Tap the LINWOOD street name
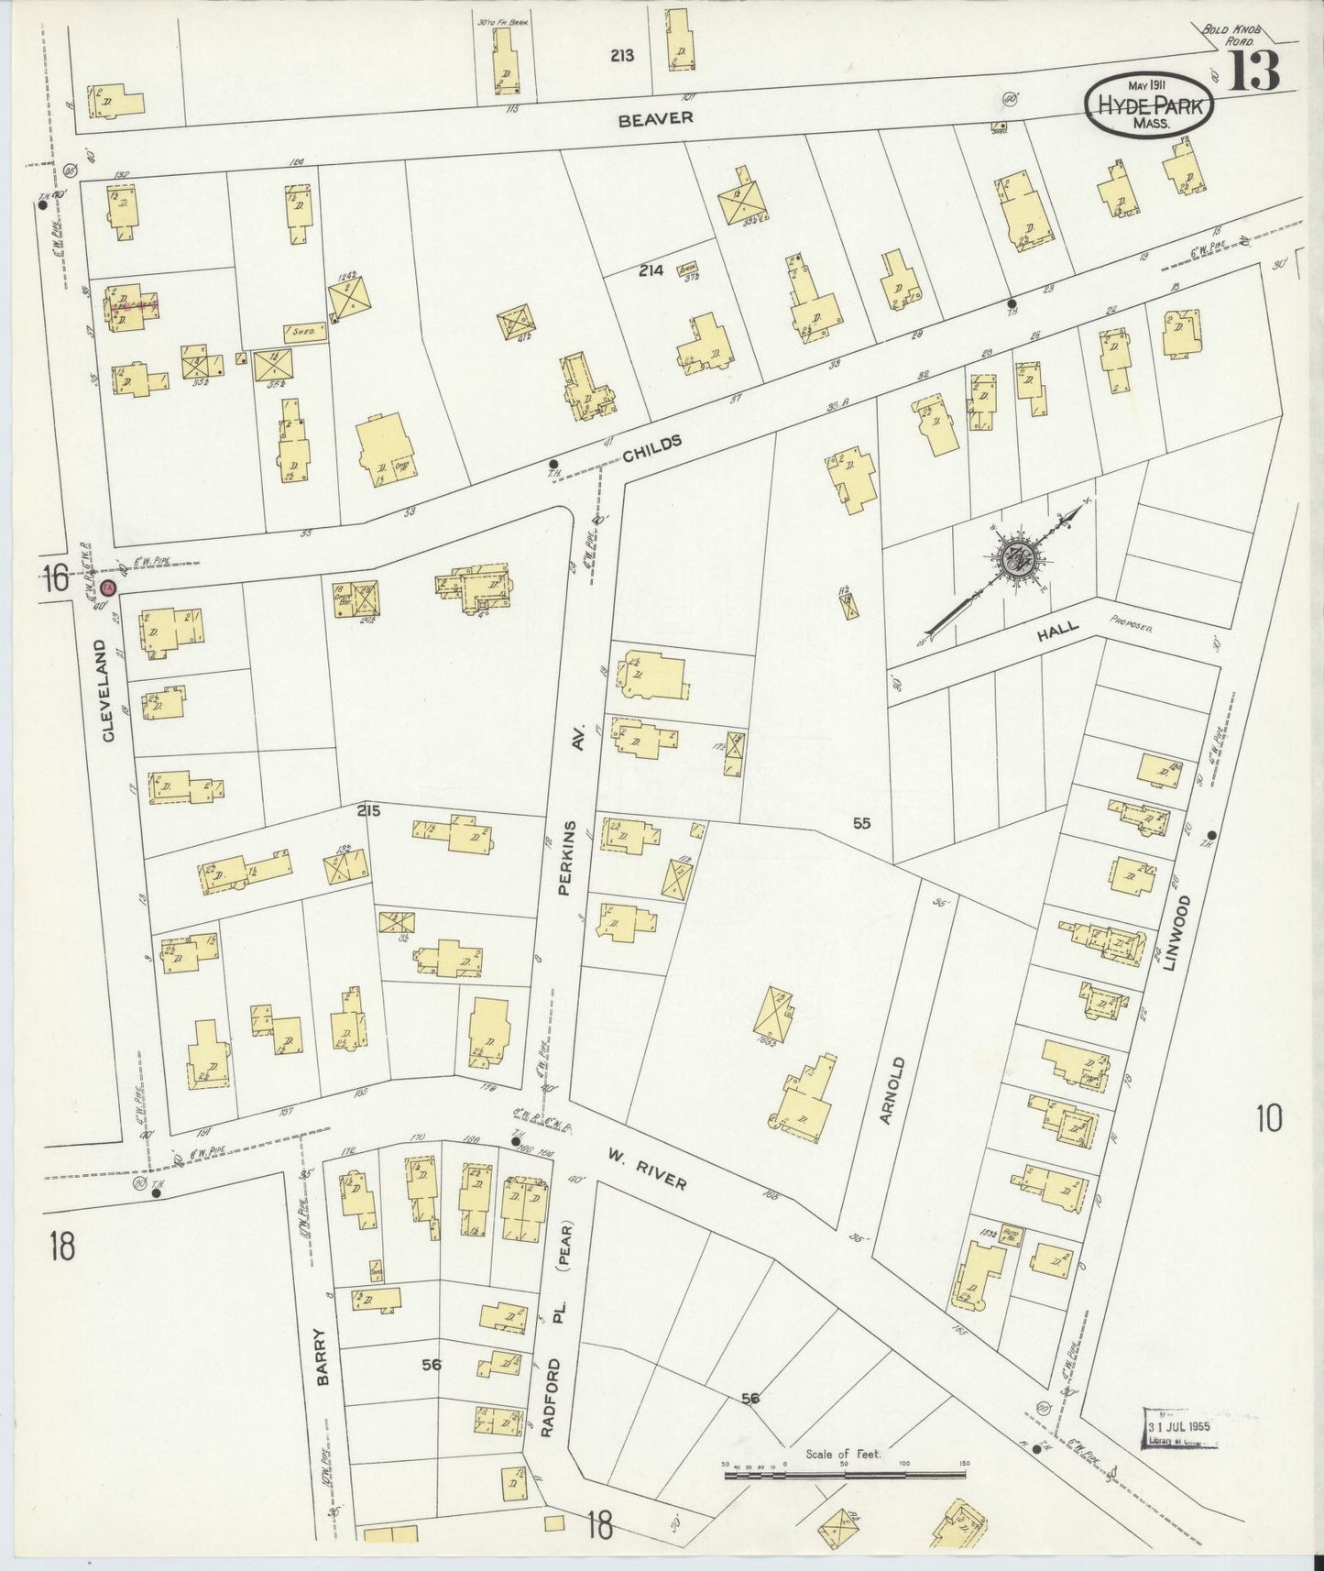click(1169, 932)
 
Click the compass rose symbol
click(1020, 560)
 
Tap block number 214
click(651, 270)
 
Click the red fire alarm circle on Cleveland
click(108, 586)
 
